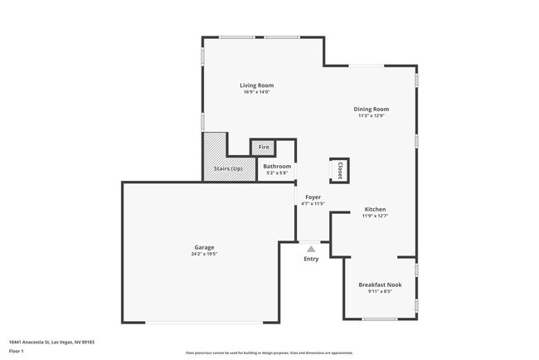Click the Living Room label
click(x=256, y=85)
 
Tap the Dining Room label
click(x=371, y=109)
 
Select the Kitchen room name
click(x=375, y=209)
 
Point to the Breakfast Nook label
click(x=380, y=285)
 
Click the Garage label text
click(x=204, y=247)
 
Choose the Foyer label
click(x=312, y=197)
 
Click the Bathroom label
click(x=277, y=167)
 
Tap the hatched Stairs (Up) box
click(x=228, y=168)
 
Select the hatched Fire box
click(x=264, y=147)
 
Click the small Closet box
click(x=339, y=169)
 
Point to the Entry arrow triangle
click(x=311, y=247)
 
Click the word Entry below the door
click(x=311, y=260)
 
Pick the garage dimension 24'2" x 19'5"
click(x=204, y=254)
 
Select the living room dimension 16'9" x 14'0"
click(x=256, y=92)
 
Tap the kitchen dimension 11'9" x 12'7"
click(x=375, y=216)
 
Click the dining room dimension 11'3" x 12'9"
click(x=371, y=116)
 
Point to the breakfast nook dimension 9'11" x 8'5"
click(x=380, y=291)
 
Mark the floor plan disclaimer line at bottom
click(x=269, y=353)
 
